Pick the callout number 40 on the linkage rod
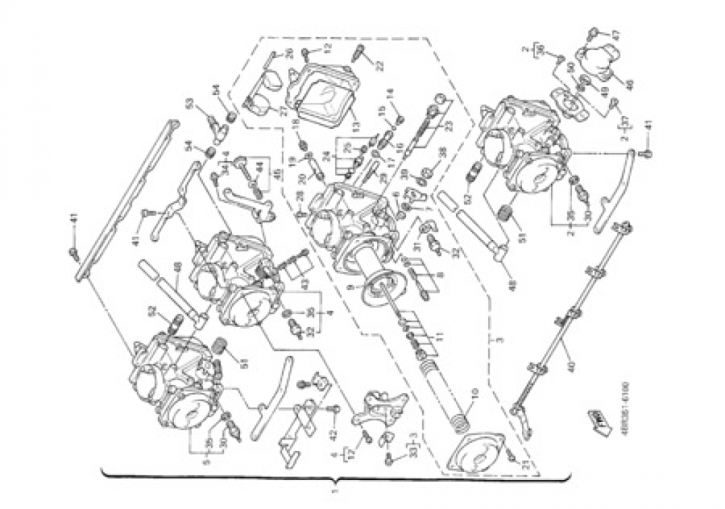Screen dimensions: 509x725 pos(572,365)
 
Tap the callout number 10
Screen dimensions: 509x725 pos(474,395)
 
